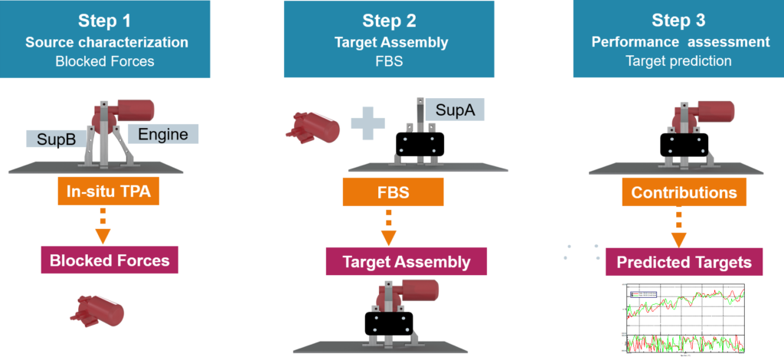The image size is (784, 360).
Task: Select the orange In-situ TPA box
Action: pyautogui.click(x=108, y=193)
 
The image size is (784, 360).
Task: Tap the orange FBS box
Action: pyautogui.click(x=393, y=193)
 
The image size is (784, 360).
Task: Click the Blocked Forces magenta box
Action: pyautogui.click(x=109, y=260)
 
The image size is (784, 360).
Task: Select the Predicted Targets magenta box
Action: pyautogui.click(x=684, y=262)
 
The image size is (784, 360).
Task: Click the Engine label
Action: pyautogui.click(x=163, y=134)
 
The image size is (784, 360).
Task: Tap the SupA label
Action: pyautogui.click(x=455, y=110)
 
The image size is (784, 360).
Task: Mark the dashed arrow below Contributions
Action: pyautogui.click(x=678, y=227)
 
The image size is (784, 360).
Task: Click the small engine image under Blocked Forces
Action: pyautogui.click(x=97, y=311)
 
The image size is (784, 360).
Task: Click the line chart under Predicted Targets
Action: pyautogui.click(x=684, y=319)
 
